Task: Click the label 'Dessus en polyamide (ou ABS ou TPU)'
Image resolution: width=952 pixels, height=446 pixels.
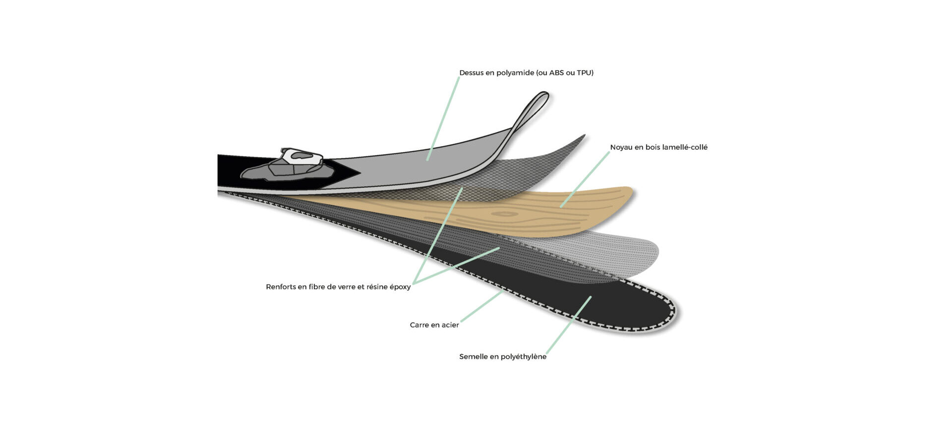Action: coord(526,73)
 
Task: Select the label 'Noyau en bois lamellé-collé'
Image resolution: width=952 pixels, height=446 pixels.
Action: coord(658,147)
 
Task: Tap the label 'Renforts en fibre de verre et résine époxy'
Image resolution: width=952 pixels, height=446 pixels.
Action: coord(338,287)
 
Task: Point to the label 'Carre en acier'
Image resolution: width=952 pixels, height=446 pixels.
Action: coord(434,325)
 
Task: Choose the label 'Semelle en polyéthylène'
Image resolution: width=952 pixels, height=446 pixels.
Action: coord(503,357)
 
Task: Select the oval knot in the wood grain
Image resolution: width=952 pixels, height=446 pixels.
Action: coord(505,214)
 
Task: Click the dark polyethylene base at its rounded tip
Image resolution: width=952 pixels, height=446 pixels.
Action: coord(645,312)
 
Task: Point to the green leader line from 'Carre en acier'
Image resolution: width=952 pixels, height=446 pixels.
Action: coord(481,307)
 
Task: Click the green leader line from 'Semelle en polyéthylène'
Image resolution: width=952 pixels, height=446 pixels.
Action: coord(569,325)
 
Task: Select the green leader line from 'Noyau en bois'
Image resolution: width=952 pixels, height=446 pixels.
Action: coord(585,179)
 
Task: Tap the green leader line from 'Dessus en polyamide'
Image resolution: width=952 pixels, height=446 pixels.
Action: coord(443,119)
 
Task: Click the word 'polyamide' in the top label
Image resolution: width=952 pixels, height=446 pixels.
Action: coord(516,73)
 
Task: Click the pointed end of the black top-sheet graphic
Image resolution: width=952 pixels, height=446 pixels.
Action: coord(359,173)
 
